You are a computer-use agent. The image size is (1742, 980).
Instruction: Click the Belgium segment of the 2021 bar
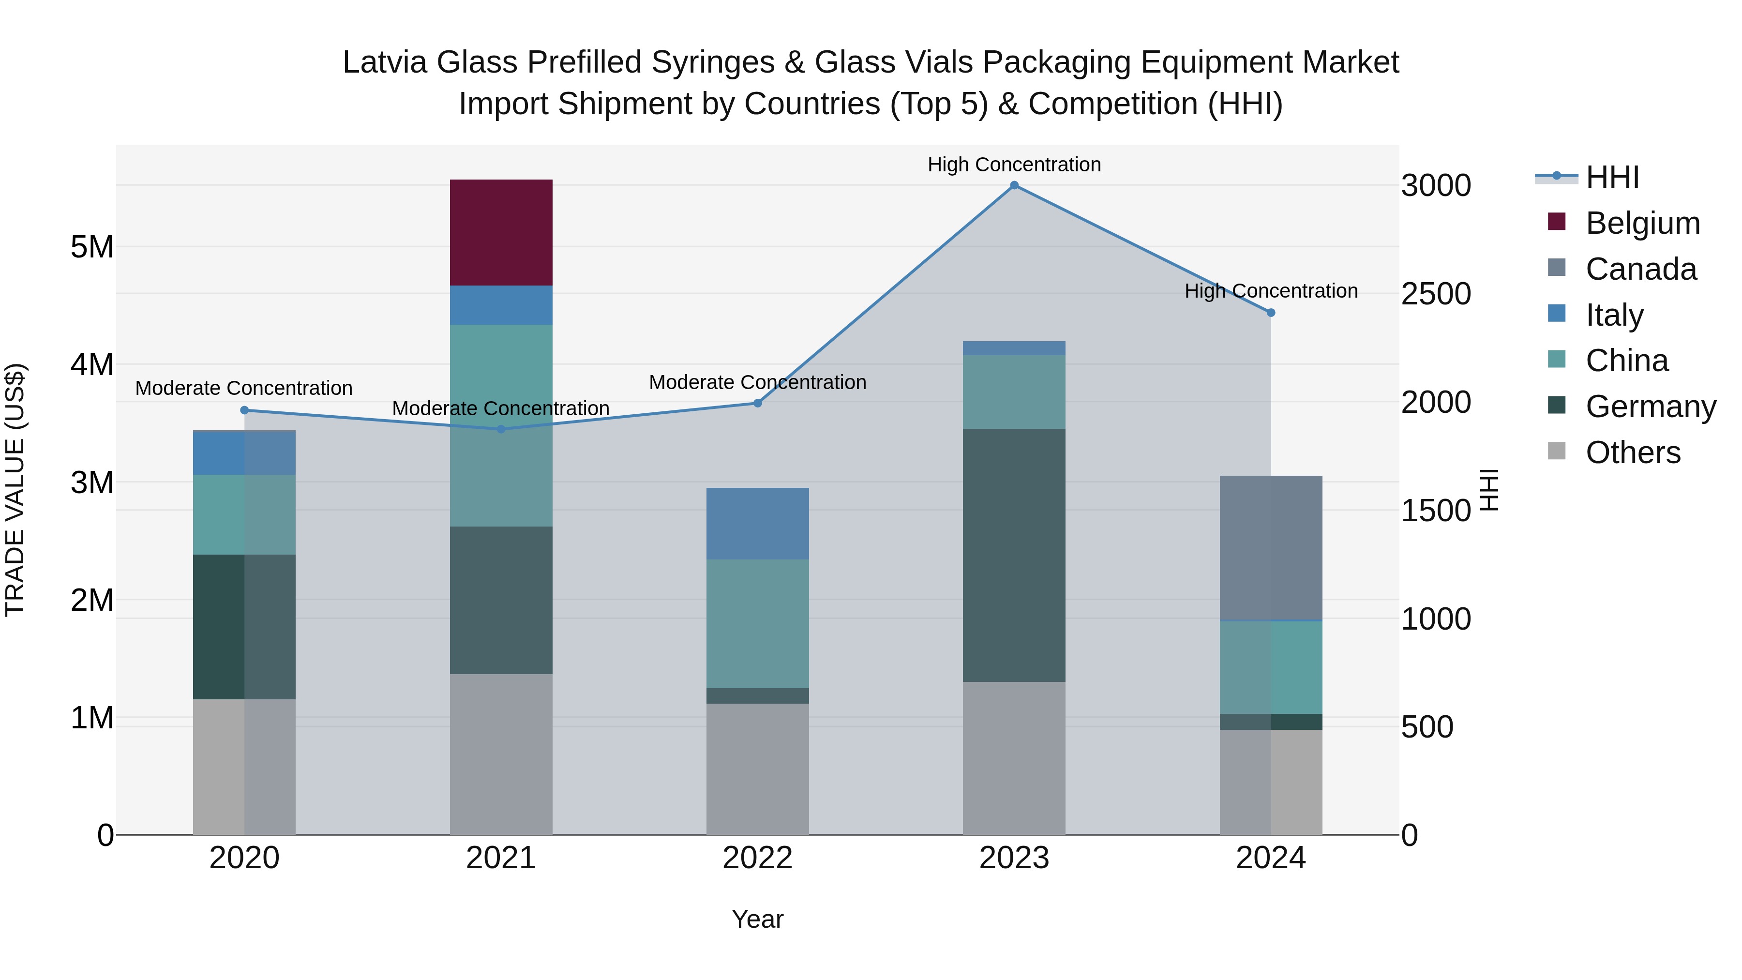coord(501,233)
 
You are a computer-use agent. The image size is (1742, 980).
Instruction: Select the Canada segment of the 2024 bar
coord(1271,547)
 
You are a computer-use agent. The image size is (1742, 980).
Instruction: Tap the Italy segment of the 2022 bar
coord(757,524)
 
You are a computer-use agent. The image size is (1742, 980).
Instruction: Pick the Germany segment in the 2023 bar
coord(1014,555)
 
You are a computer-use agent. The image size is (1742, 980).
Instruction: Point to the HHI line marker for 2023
coord(1014,185)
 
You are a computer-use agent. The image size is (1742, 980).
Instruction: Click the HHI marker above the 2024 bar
coord(1271,313)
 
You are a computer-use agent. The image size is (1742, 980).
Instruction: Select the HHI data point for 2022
coord(757,403)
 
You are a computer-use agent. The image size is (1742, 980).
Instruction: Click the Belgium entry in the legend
coord(1642,223)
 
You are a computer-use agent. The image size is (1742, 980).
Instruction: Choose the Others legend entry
coord(1633,452)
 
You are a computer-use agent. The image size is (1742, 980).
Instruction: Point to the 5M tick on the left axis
coord(92,247)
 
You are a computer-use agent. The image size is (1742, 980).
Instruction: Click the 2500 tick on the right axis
coord(1435,294)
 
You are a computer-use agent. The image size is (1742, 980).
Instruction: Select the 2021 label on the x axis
coord(501,858)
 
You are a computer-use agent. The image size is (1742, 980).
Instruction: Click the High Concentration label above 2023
coord(1014,165)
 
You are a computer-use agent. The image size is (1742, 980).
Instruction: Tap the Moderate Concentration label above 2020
coord(244,388)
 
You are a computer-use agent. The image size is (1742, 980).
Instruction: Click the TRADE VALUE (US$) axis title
coord(15,490)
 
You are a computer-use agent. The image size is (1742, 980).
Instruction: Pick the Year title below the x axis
coord(757,919)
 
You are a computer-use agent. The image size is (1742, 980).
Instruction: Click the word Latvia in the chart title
coord(386,62)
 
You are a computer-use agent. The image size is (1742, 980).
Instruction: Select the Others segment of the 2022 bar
coord(757,769)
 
